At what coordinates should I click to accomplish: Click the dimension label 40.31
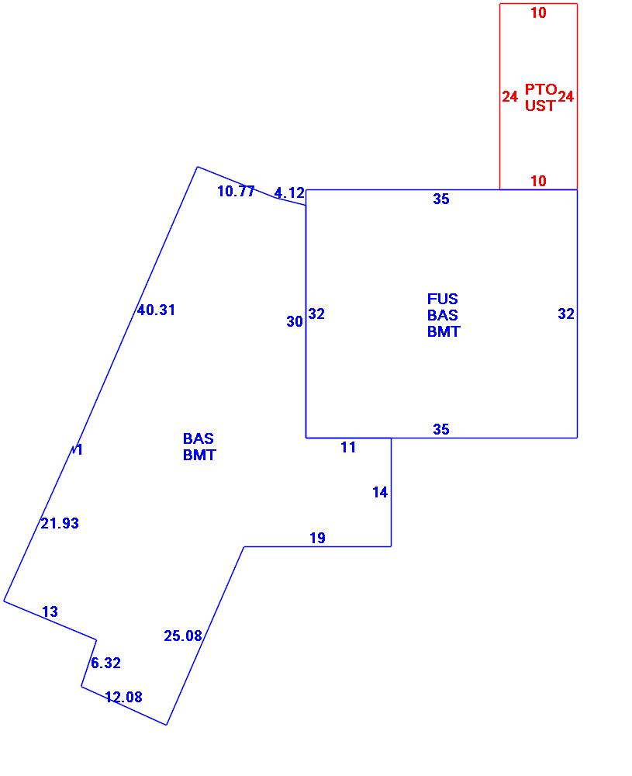point(156,310)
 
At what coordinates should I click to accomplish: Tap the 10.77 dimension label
point(236,192)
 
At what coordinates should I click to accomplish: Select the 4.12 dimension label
point(289,193)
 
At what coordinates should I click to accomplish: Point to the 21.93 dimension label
point(60,524)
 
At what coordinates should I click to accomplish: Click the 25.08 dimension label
point(183,636)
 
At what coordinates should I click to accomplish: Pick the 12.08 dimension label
point(123,697)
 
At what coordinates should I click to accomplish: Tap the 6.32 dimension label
point(105,663)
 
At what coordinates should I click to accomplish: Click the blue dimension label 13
point(50,612)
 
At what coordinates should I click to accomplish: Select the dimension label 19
point(317,538)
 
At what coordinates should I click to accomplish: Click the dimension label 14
point(380,492)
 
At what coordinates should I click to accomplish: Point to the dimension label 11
point(348,447)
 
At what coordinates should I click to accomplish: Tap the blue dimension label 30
point(295,322)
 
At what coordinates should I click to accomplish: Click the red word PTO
point(540,89)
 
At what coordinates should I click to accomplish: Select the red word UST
point(540,106)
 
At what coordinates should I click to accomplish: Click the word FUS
point(443,299)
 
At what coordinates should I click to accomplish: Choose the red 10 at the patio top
point(538,12)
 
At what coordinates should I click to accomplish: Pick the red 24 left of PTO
point(509,97)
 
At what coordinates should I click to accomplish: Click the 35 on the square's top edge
point(441,199)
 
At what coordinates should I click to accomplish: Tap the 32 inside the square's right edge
point(566,314)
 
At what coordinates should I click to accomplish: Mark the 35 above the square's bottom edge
point(441,429)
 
